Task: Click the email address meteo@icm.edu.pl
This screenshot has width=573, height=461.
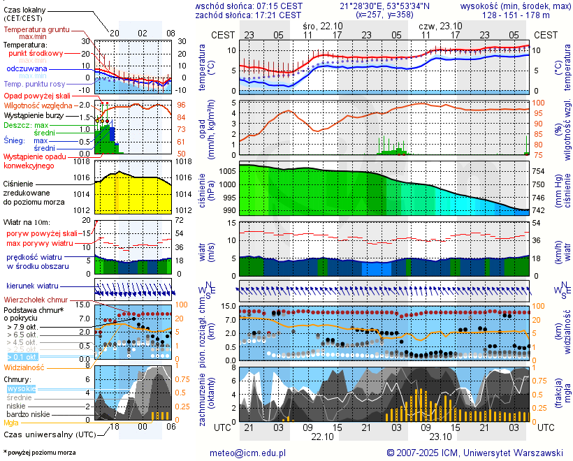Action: [x=248, y=453]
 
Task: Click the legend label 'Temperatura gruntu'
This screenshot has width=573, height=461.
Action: [x=36, y=30]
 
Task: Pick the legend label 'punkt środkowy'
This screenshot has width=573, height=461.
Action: [x=36, y=53]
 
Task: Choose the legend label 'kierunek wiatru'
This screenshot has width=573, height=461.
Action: [x=33, y=286]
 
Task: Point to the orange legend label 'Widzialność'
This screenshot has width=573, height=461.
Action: [x=24, y=367]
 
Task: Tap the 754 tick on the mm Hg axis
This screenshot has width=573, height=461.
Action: [x=540, y=171]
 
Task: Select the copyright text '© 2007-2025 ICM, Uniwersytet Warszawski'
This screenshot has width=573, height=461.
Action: [x=475, y=453]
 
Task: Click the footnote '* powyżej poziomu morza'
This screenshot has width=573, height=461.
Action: [x=40, y=453]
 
